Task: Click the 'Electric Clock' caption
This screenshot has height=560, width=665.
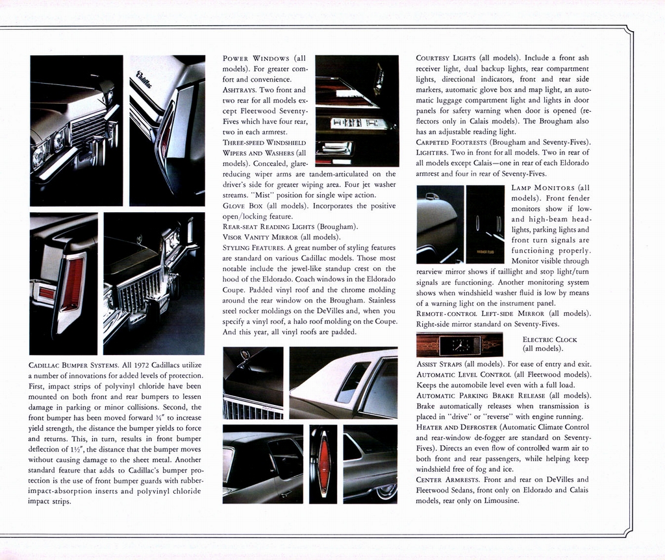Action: click(x=549, y=339)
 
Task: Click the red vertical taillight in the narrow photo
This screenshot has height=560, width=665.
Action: click(x=323, y=463)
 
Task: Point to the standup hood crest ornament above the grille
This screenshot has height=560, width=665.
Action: click(x=245, y=356)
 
